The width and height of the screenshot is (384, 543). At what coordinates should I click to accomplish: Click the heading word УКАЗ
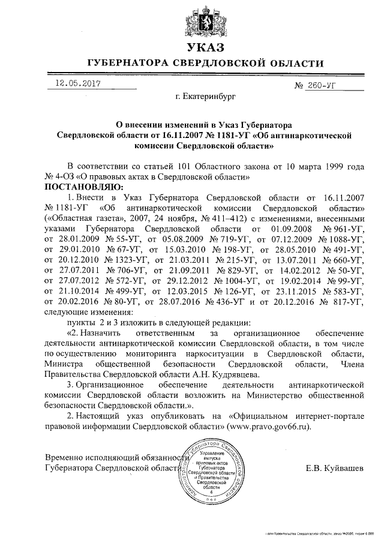206,47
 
